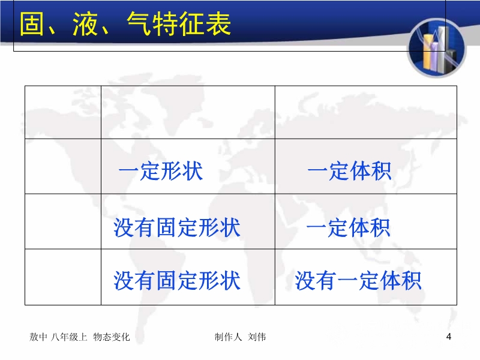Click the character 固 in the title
click(31, 24)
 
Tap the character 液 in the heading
click(85, 24)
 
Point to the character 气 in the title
click(139, 24)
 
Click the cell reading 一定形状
click(160, 170)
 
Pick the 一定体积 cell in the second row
click(349, 170)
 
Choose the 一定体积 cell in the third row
click(349, 227)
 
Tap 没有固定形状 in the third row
click(177, 227)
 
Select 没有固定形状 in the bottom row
click(177, 280)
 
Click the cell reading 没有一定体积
click(358, 280)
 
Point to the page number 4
click(448, 337)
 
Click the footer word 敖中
click(38, 337)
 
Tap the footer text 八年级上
click(69, 337)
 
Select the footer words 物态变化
click(112, 337)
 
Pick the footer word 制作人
click(228, 337)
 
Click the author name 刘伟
click(257, 337)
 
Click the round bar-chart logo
click(437, 48)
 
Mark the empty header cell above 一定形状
click(188, 112)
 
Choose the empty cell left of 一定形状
click(63, 166)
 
